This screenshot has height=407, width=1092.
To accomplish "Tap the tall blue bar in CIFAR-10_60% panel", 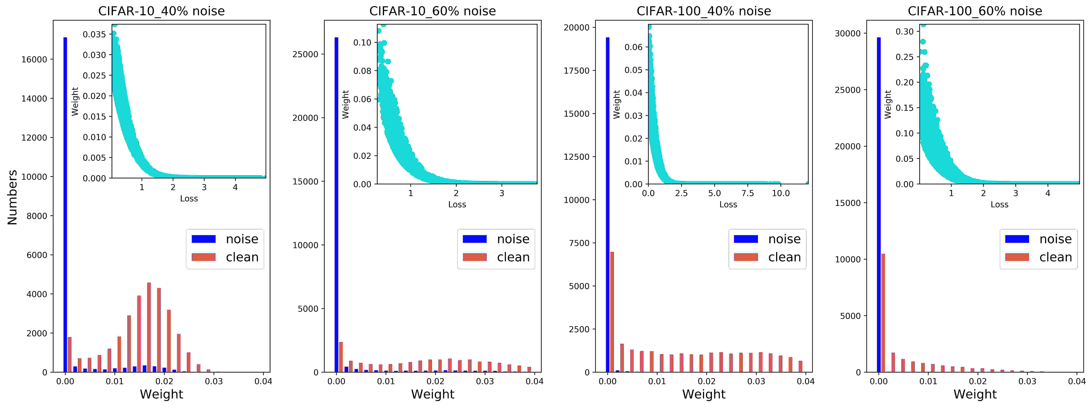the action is (336, 205).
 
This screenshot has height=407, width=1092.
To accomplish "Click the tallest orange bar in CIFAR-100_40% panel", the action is (612, 312).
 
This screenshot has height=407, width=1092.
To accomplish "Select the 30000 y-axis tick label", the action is (848, 33).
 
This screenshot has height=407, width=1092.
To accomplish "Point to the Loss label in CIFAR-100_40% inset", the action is (728, 205).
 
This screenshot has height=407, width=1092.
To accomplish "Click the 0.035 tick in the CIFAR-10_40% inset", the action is (94, 34).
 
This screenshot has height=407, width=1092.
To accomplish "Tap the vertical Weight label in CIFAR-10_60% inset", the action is (346, 104).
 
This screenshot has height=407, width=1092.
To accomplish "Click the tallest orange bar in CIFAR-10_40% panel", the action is (149, 327).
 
